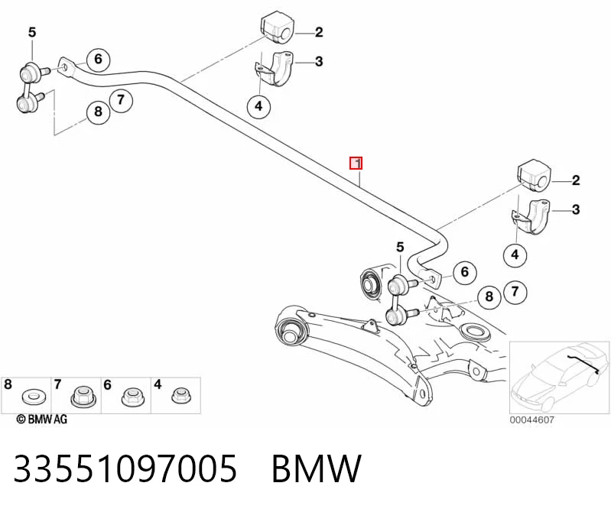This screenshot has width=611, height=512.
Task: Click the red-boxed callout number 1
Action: [x=356, y=163]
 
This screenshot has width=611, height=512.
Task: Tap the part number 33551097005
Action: [x=125, y=468]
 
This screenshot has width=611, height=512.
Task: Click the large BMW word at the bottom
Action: [x=317, y=468]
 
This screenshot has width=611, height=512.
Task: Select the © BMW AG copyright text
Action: [x=42, y=419]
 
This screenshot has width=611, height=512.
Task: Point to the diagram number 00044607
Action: [x=532, y=420]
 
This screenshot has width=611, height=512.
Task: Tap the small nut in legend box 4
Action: [x=180, y=395]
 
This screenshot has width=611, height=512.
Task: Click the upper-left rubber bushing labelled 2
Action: [x=276, y=28]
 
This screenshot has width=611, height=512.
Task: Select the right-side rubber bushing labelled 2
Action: [x=534, y=176]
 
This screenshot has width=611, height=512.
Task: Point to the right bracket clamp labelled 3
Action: [x=531, y=216]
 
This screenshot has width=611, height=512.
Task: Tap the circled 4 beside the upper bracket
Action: [x=258, y=105]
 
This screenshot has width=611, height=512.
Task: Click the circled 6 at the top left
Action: [x=98, y=59]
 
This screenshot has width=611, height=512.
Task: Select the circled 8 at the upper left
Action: [x=98, y=112]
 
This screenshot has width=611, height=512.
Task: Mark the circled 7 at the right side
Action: [x=515, y=292]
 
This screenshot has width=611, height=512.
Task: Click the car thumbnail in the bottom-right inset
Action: [x=559, y=378]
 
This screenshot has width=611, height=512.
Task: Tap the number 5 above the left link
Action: [x=32, y=32]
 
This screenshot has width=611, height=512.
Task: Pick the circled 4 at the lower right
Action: [x=515, y=254]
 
